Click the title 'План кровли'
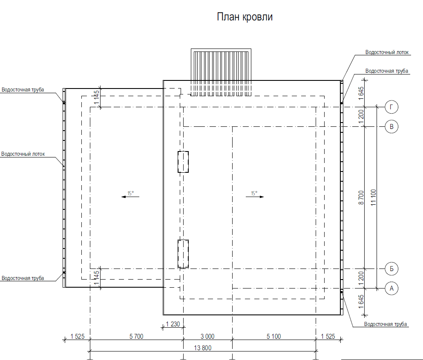tap(245, 17)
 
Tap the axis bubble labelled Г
tap(391, 107)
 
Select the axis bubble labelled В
tap(391, 127)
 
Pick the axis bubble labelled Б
tap(391, 269)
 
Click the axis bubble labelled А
tap(391, 289)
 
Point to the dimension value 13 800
tap(203, 348)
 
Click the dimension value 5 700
tap(136, 336)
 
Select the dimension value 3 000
tap(207, 336)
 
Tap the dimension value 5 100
tap(273, 336)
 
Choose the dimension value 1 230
tap(173, 324)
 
